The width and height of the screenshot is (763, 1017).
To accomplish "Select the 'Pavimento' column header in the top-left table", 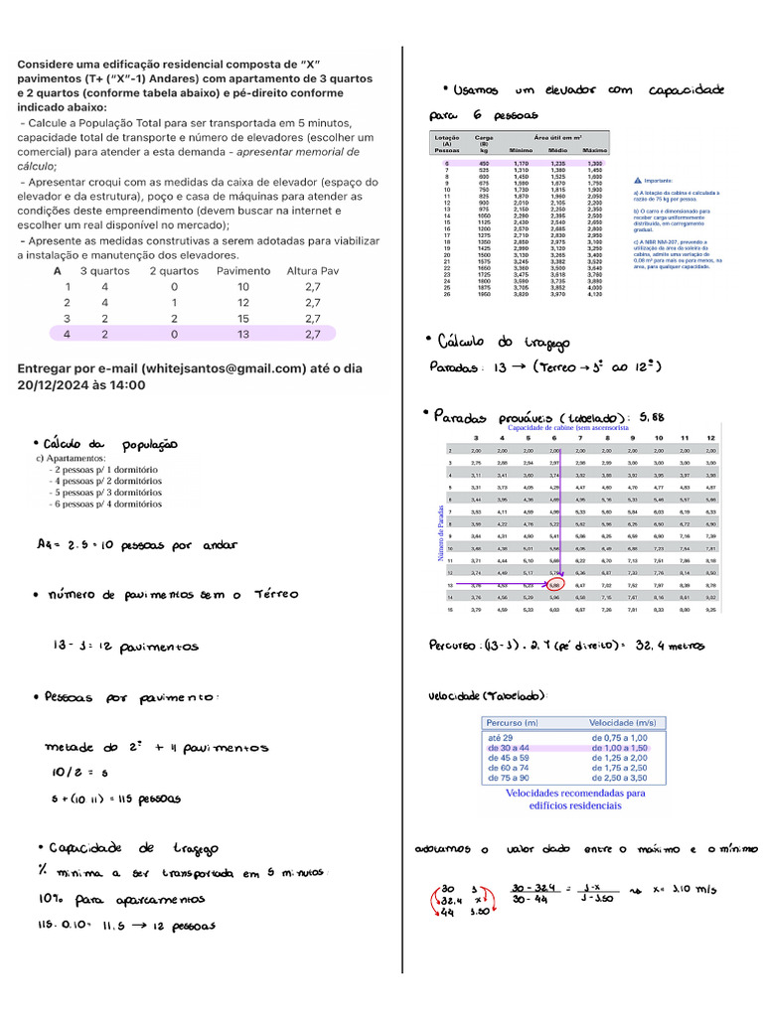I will pyautogui.click(x=242, y=270).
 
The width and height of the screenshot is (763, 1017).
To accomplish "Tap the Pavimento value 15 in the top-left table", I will pyautogui.click(x=242, y=318).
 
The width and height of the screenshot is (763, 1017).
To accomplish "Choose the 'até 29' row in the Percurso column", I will pyautogui.click(x=501, y=737).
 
